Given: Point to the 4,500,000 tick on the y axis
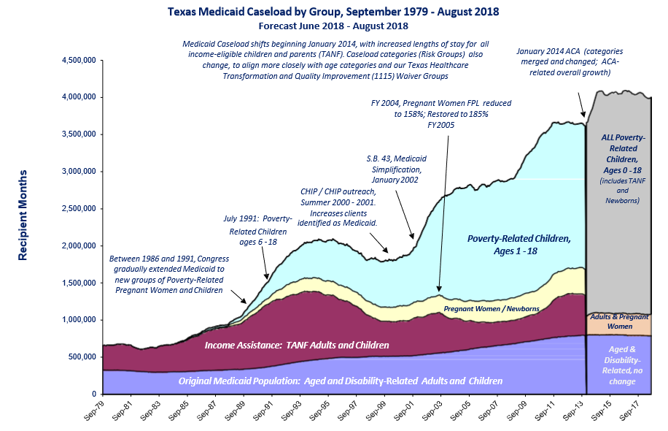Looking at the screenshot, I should [77, 60].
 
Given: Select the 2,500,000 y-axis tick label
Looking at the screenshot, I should [77, 208].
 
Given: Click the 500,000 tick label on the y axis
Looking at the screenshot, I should [80, 356].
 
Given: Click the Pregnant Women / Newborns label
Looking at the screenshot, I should [492, 309].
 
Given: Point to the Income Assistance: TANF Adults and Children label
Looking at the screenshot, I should [297, 345].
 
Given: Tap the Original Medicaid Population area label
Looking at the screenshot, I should [341, 381].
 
